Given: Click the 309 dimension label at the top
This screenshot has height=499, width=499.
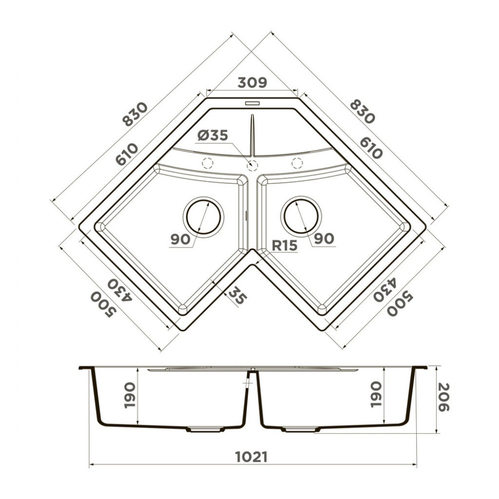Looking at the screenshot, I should pos(252,82).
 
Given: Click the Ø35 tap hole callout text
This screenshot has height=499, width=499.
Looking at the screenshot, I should pos(212,135).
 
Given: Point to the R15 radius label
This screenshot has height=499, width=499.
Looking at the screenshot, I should pos(284,245).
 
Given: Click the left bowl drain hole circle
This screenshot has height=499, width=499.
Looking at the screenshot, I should pos(203,216).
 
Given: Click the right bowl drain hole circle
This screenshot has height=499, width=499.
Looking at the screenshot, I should pos(301,216).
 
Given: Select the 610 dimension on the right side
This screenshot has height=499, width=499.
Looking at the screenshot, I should pos(370,147).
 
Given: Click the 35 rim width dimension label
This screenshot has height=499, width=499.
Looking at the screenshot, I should pos(238,296).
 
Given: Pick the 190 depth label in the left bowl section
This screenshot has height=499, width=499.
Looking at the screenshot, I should pos(130,395).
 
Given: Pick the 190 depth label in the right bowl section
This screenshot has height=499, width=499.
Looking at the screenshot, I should pos(376,394).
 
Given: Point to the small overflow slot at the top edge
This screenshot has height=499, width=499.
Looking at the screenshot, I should pos(252,104).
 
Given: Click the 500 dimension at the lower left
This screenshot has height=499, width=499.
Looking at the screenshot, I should pos(103,305).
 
